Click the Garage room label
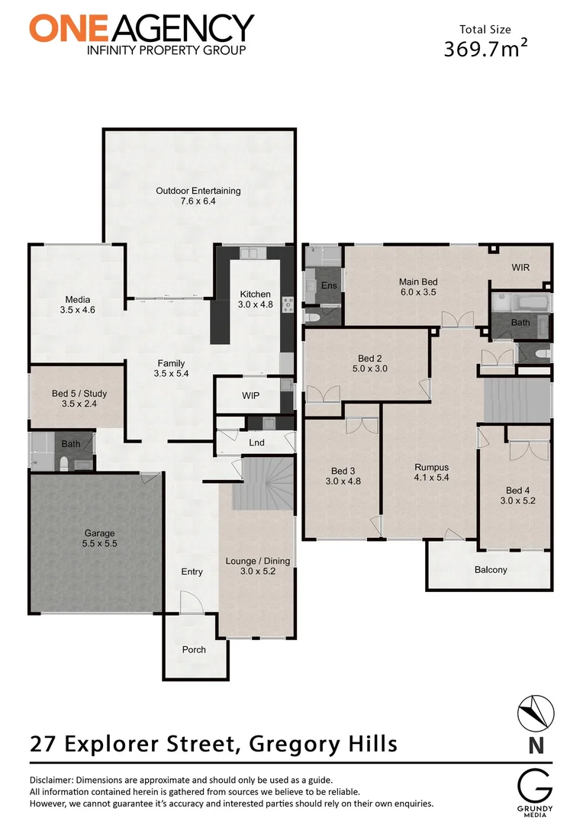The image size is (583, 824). pos(100,533)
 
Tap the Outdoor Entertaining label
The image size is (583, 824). pos(198,191)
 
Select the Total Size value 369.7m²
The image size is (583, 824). pos(486,50)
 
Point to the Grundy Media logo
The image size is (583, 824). pos(531,790)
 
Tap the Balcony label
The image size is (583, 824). pos(491,569)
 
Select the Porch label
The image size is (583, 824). pos(194,649)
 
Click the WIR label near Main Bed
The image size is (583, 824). pos(520,267)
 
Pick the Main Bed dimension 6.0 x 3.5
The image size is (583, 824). pos(418,292)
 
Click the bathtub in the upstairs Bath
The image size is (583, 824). pos(520,304)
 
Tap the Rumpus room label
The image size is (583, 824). pos(431,468)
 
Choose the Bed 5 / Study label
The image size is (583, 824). pos(79,394)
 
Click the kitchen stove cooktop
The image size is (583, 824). pos(288,304)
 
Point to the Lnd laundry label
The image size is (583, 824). pos(256,442)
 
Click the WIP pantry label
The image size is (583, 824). pos(251,397)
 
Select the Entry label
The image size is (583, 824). pos(192,571)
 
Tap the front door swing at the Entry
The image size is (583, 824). pos(190,603)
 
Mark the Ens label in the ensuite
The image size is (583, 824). pos(329,285)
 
